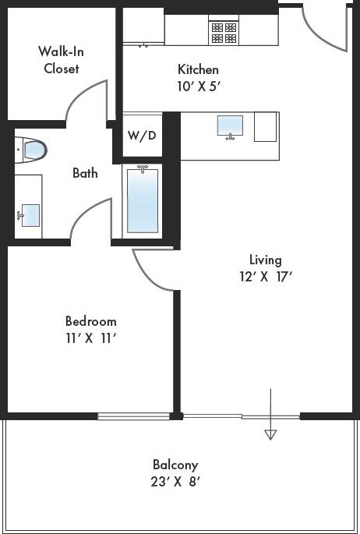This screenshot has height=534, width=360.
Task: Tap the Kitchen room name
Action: pos(198,69)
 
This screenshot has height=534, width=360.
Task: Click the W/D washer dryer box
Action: pos(142,136)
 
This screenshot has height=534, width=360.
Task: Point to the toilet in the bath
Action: pos(32,148)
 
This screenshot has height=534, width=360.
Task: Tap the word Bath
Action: pos(85,173)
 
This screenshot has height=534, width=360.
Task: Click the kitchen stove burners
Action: pos(224,31)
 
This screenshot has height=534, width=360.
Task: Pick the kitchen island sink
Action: pos(229,126)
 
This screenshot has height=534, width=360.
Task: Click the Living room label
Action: pos(265,260)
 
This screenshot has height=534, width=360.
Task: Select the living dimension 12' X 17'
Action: pos(265,276)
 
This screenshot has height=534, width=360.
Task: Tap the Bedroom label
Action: pos(90,321)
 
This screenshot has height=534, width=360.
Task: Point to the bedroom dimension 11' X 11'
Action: pos(90,338)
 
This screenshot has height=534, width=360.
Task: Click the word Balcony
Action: pos(175,465)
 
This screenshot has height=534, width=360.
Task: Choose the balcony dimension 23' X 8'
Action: pos(175,482)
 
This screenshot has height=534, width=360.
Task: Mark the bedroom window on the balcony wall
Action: pos(134,416)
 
